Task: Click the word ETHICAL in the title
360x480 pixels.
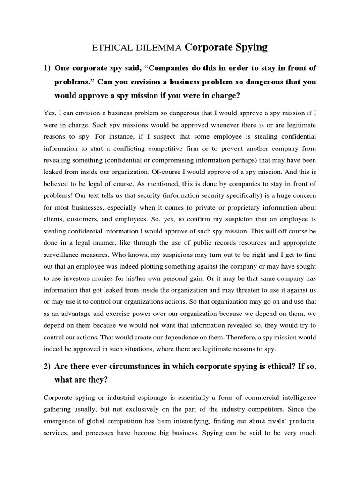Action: pyautogui.click(x=106, y=47)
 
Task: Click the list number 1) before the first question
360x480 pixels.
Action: pyautogui.click(x=47, y=68)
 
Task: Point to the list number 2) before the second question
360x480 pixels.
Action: pyautogui.click(x=47, y=367)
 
